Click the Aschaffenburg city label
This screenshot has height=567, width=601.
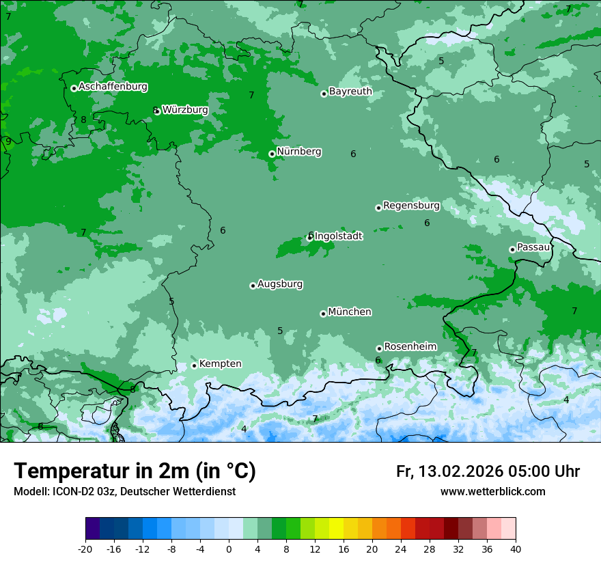coord(113,87)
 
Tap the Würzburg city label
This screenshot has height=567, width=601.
coord(184,109)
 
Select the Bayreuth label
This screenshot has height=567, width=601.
coord(350,91)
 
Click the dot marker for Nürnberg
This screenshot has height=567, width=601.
coord(272,154)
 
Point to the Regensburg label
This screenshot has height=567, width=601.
coord(411,205)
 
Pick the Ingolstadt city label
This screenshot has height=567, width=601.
coord(339,236)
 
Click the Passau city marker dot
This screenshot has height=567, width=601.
coord(512,249)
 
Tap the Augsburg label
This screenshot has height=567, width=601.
coord(280,283)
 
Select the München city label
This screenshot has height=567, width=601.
coord(350,312)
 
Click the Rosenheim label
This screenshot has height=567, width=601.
coord(410,346)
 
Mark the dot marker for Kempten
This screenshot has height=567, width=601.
coord(194,365)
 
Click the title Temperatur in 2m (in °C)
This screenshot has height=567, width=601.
coord(135,471)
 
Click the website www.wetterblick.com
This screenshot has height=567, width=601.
coord(492,492)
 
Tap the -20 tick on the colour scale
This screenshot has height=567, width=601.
coord(85,549)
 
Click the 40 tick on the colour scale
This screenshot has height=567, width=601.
coord(515,549)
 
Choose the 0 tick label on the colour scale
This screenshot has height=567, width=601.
coord(229,549)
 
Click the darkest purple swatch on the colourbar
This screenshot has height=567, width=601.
coord(92,529)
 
